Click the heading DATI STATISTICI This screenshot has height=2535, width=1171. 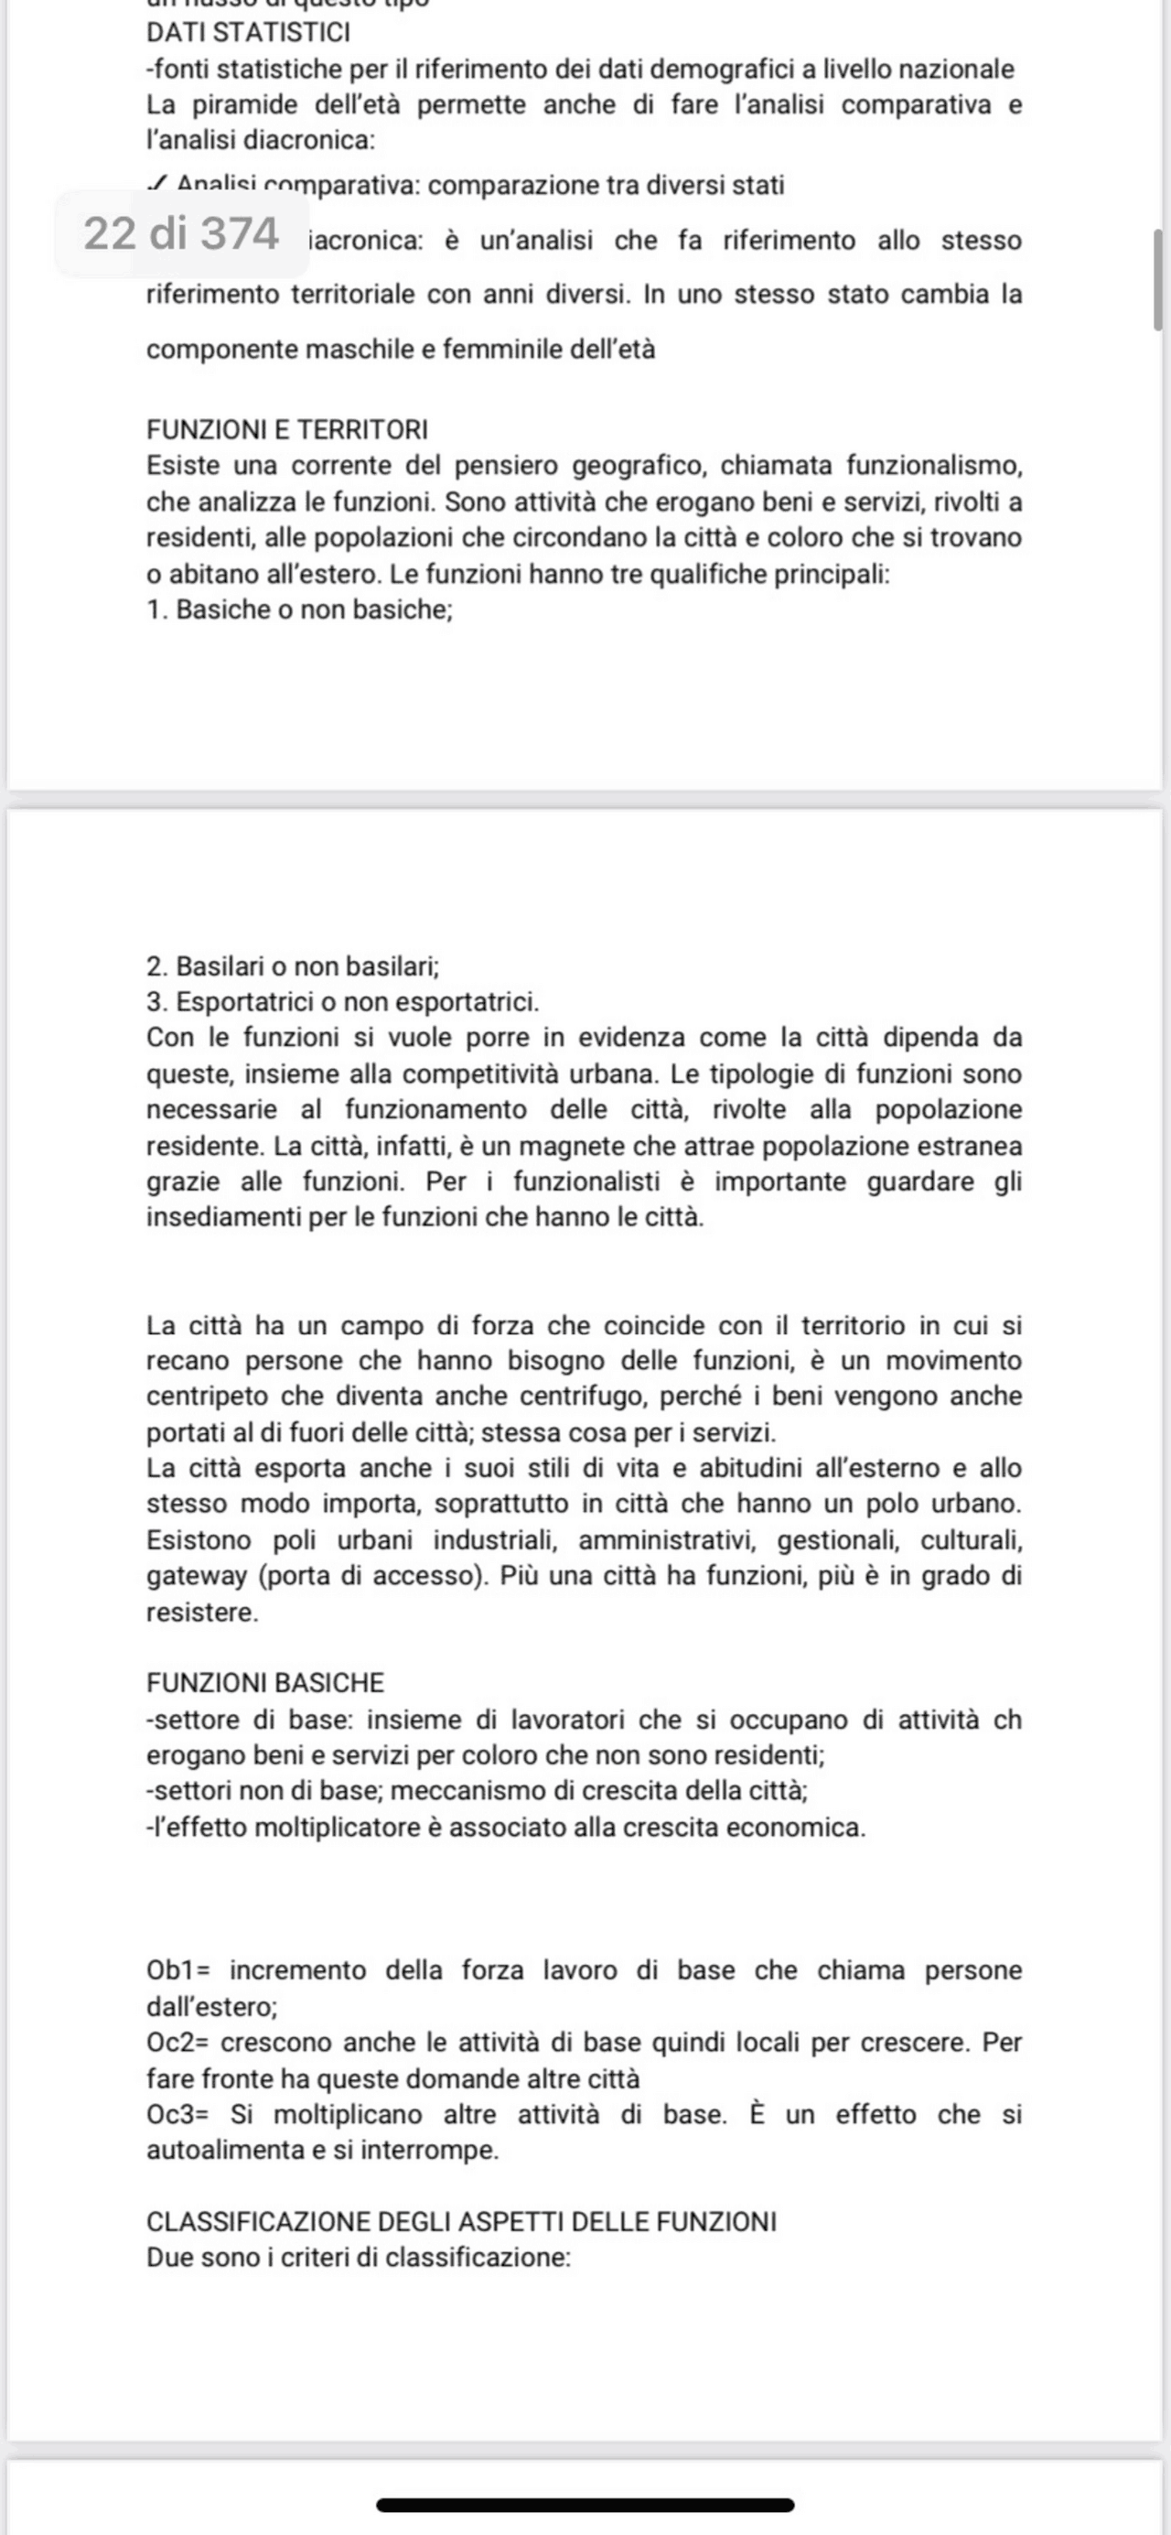click(x=248, y=32)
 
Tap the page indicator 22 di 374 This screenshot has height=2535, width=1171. click(x=182, y=234)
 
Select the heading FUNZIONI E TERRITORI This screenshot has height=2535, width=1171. click(x=286, y=430)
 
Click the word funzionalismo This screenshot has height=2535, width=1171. click(x=934, y=466)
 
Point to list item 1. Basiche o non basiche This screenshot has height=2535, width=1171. click(x=299, y=609)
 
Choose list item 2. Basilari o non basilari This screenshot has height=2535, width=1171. click(x=292, y=966)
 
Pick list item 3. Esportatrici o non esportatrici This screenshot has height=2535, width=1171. click(x=342, y=1002)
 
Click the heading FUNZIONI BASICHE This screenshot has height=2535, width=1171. click(x=264, y=1683)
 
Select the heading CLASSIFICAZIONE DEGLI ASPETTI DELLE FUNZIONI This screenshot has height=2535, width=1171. click(x=461, y=2222)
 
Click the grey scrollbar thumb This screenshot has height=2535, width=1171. click(x=1157, y=279)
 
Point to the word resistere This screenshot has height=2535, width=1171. click(x=202, y=1613)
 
